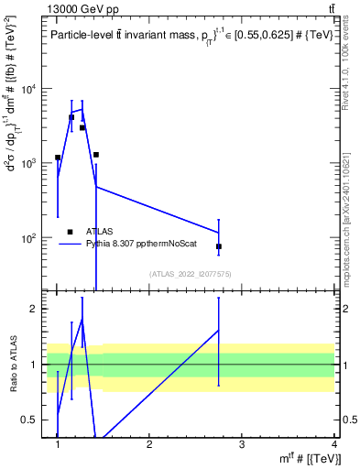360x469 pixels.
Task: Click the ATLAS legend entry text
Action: tap(101, 233)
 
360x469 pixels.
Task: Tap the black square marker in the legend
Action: tap(70, 233)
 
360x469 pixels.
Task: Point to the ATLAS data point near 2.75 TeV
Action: tap(219, 246)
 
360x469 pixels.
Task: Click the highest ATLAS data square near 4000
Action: tap(71, 117)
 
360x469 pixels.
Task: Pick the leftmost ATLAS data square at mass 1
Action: tap(58, 158)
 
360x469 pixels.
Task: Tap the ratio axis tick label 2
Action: tap(38, 309)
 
